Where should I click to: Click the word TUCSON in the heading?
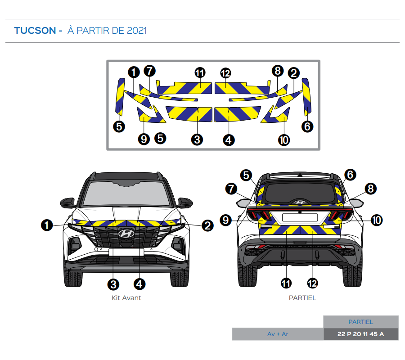coord(35,31)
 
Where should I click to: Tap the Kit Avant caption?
coord(126,298)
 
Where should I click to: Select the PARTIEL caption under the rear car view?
coord(302,298)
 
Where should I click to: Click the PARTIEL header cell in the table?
coord(360,322)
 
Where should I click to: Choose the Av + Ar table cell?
coord(277,334)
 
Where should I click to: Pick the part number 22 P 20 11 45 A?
coord(360,334)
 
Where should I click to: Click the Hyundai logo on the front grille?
coord(126,234)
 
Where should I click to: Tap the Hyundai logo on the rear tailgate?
coord(300,202)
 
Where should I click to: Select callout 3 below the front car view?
coord(113,284)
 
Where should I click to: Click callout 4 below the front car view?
coord(139,284)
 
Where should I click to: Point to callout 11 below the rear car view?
coord(286,283)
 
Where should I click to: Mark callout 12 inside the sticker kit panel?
coord(225,73)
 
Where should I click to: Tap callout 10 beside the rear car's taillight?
coord(377,220)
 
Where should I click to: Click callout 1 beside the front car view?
coord(47,225)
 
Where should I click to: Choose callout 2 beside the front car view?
coord(207,225)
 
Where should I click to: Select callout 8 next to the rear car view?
coord(371,189)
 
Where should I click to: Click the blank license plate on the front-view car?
coord(126,252)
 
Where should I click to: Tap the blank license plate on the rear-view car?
coord(300,217)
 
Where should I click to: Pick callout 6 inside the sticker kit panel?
coord(307,126)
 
